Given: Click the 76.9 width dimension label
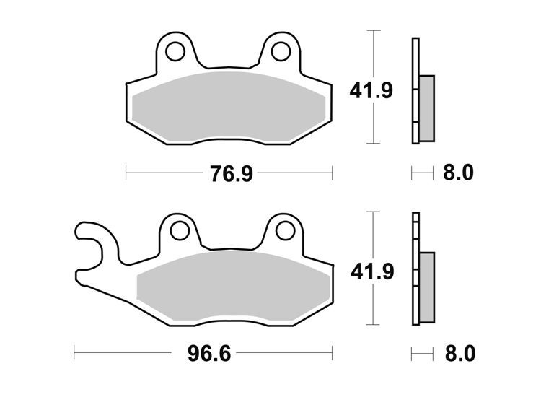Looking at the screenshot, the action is (232, 173).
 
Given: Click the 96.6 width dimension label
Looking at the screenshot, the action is (209, 353).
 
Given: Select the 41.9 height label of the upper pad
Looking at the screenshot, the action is (371, 90).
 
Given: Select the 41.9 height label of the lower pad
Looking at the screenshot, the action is (372, 271).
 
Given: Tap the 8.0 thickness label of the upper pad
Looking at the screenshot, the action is (458, 173).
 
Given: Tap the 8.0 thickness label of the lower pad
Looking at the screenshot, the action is (460, 353).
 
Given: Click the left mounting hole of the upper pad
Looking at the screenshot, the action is (175, 52).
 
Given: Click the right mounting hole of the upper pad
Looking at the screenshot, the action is (281, 51).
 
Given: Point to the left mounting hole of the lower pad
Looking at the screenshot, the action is (180, 230).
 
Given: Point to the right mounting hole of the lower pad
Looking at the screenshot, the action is (285, 231).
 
